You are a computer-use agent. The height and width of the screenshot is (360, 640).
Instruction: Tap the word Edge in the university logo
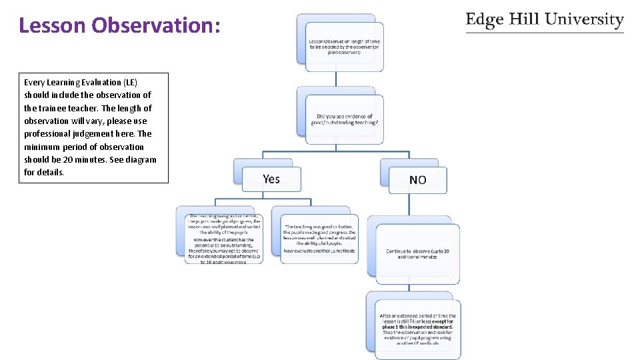[x=485, y=19]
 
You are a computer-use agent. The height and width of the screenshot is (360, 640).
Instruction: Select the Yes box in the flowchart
[x=271, y=179]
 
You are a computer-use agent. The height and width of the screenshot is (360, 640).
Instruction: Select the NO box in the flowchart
[x=418, y=180]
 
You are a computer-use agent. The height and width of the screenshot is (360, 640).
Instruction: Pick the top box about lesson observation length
[x=344, y=47]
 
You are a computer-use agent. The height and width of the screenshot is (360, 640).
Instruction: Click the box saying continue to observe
[x=417, y=253]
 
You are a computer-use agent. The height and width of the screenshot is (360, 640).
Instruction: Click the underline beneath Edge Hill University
[x=545, y=32]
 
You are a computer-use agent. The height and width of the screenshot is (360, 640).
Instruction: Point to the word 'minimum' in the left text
[x=41, y=147]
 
